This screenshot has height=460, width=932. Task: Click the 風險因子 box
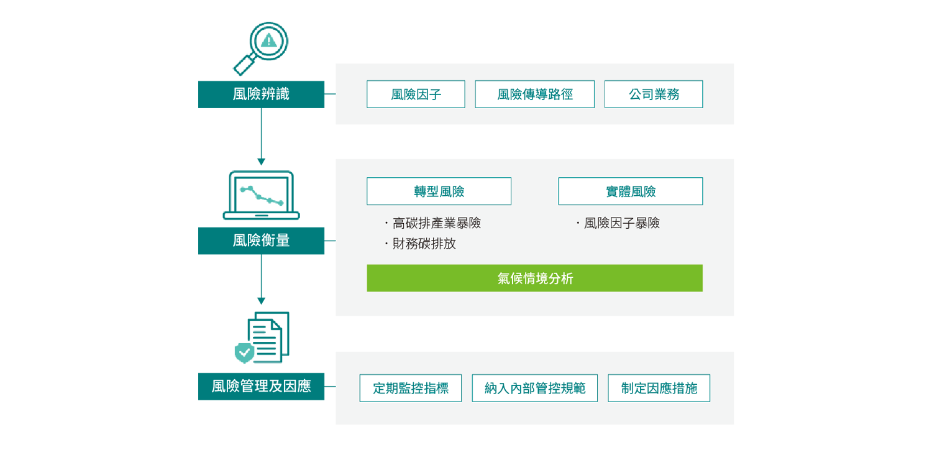pyautogui.click(x=416, y=94)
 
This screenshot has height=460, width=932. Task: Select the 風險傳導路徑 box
pyautogui.click(x=534, y=94)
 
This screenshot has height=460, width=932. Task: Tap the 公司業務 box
pyautogui.click(x=653, y=94)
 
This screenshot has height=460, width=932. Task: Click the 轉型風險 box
pyautogui.click(x=439, y=191)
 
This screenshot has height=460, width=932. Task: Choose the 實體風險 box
pyautogui.click(x=630, y=191)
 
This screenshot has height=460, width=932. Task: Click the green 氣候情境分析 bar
pyautogui.click(x=534, y=278)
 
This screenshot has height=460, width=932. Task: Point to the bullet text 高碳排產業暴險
pyautogui.click(x=436, y=223)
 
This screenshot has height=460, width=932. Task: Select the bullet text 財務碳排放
pyautogui.click(x=424, y=244)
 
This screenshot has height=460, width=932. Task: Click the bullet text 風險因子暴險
pyautogui.click(x=621, y=223)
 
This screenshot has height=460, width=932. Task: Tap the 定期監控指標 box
pyautogui.click(x=410, y=389)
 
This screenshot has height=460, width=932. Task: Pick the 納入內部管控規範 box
pyautogui.click(x=534, y=389)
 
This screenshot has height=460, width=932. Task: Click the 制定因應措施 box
pyautogui.click(x=659, y=389)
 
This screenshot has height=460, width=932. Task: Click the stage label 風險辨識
pyautogui.click(x=261, y=94)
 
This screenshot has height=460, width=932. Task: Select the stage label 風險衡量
pyautogui.click(x=261, y=241)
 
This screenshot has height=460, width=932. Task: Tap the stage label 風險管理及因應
pyautogui.click(x=261, y=387)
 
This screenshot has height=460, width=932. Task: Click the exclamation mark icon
pyautogui.click(x=268, y=41)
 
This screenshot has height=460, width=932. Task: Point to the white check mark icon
pyautogui.click(x=245, y=352)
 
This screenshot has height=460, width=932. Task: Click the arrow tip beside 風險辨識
pyautogui.click(x=332, y=94)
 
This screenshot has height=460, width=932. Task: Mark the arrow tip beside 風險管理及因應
pyautogui.click(x=332, y=387)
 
